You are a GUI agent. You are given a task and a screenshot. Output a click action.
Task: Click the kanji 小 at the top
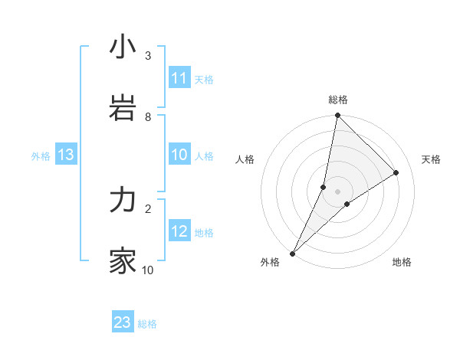[123, 47]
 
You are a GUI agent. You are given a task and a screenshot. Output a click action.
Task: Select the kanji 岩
[123, 108]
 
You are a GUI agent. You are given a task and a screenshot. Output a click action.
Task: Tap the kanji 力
[123, 201]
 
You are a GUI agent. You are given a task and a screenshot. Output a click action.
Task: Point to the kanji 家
[123, 261]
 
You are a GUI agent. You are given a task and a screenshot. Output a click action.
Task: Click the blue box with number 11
[179, 78]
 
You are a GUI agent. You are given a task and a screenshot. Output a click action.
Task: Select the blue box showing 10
[179, 155]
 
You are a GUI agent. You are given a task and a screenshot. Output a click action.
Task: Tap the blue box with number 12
[179, 231]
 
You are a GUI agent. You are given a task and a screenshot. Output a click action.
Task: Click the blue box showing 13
[65, 155]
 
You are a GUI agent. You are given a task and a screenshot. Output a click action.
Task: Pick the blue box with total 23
[123, 322]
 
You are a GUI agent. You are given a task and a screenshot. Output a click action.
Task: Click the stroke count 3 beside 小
[148, 56]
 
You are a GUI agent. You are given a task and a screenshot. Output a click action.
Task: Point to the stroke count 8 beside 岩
[148, 117]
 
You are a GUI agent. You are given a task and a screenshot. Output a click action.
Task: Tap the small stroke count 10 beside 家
[148, 270]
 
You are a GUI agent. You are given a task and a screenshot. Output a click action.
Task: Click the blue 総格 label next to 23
[147, 324]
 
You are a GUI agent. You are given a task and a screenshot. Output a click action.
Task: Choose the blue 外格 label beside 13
[41, 156]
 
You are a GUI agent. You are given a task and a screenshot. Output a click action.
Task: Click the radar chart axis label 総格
[337, 100]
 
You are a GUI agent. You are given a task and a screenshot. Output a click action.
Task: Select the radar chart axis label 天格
[431, 159]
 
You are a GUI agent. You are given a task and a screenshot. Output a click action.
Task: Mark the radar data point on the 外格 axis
[292, 253]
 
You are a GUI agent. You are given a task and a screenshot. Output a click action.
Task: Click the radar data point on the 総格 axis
[337, 116]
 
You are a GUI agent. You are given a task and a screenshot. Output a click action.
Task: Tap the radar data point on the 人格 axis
[324, 187]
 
